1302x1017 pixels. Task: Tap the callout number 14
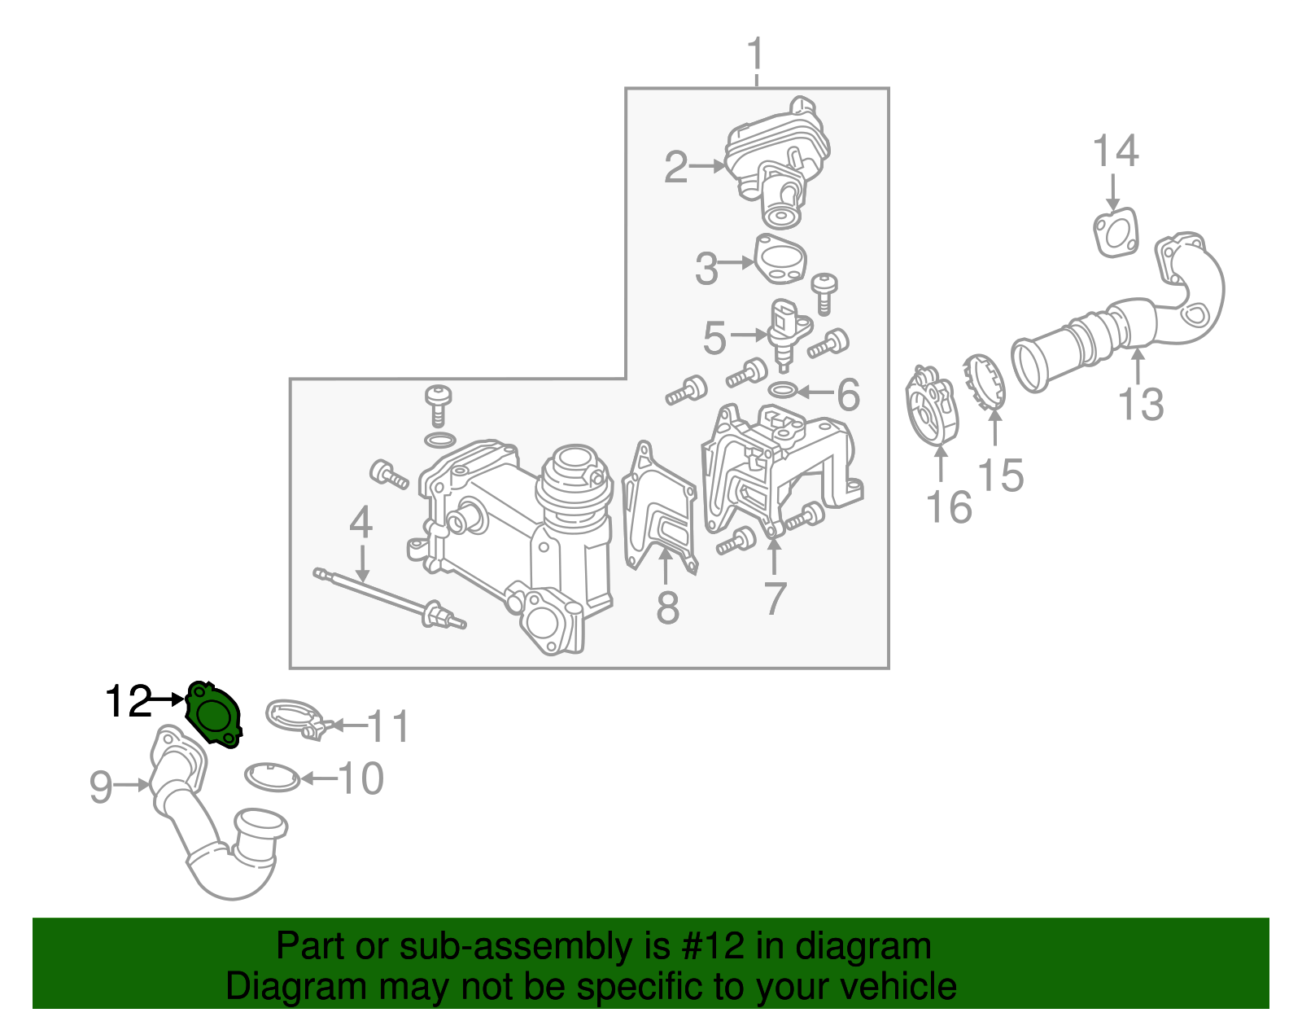pyautogui.click(x=1115, y=152)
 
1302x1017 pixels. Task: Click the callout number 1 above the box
pyautogui.click(x=756, y=55)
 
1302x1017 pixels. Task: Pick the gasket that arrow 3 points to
pyautogui.click(x=780, y=260)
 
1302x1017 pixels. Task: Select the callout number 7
pyautogui.click(x=775, y=598)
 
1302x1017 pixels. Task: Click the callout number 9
pyautogui.click(x=100, y=787)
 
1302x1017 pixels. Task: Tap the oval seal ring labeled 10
pyautogui.click(x=273, y=778)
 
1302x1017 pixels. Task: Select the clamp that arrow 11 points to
pyautogui.click(x=295, y=718)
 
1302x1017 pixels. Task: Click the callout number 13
pyautogui.click(x=1141, y=405)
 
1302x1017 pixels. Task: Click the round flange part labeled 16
pyautogui.click(x=932, y=407)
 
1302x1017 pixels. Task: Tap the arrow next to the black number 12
pyautogui.click(x=169, y=699)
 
